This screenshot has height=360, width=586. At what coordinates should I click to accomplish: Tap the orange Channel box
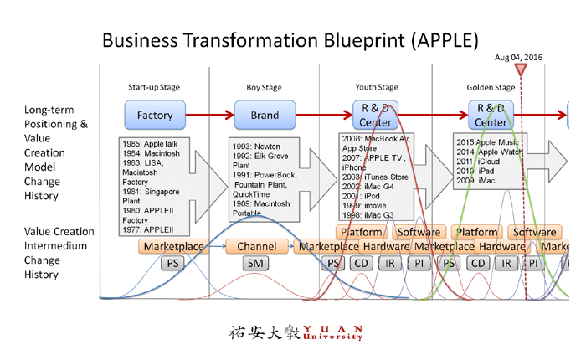(256, 247)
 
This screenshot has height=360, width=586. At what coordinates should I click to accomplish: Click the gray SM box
(256, 264)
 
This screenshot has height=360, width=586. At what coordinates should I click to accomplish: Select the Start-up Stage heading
(154, 87)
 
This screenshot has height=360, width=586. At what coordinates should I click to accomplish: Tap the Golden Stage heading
(491, 87)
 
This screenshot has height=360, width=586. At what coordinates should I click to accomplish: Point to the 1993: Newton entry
(255, 145)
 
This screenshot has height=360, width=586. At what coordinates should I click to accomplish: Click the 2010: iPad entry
(475, 170)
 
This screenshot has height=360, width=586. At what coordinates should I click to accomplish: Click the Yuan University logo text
(297, 332)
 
